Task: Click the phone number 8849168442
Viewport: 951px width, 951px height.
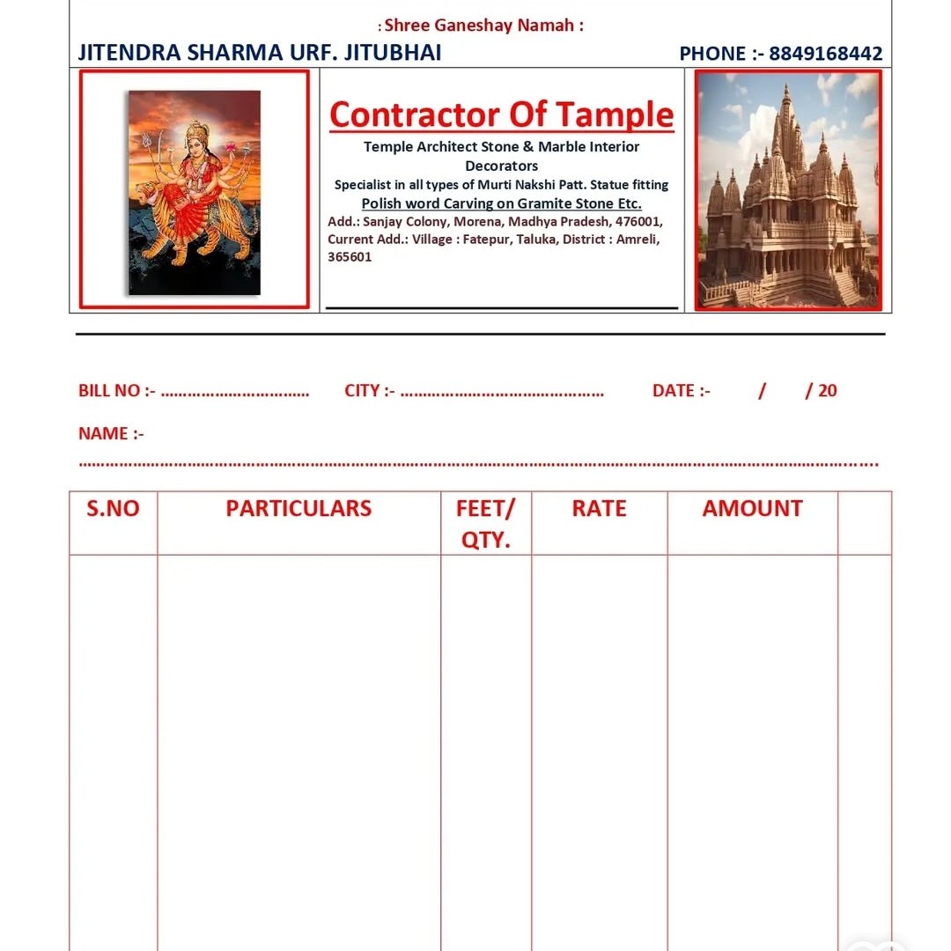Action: (825, 54)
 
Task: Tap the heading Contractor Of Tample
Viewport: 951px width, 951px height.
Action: (501, 114)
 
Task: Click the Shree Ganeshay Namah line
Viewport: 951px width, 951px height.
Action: (481, 26)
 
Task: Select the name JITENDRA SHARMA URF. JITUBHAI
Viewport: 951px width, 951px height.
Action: (260, 53)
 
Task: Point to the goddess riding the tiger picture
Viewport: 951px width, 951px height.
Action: (195, 192)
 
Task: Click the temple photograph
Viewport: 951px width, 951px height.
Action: (788, 190)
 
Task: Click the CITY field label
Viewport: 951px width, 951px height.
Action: (369, 391)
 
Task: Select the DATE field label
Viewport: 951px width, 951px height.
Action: (681, 391)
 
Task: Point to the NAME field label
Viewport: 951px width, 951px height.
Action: (111, 433)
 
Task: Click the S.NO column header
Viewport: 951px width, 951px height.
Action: (113, 509)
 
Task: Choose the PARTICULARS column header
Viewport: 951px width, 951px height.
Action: (299, 509)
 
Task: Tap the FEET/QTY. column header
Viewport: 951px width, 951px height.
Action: (485, 524)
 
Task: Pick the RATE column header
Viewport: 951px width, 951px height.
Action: (599, 509)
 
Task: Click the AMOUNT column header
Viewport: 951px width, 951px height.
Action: (752, 509)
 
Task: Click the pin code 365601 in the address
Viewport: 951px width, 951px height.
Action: (350, 257)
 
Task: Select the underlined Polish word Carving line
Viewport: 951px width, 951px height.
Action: (501, 203)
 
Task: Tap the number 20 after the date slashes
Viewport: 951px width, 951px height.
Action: (827, 391)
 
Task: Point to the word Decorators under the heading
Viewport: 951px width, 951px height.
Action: (501, 166)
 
